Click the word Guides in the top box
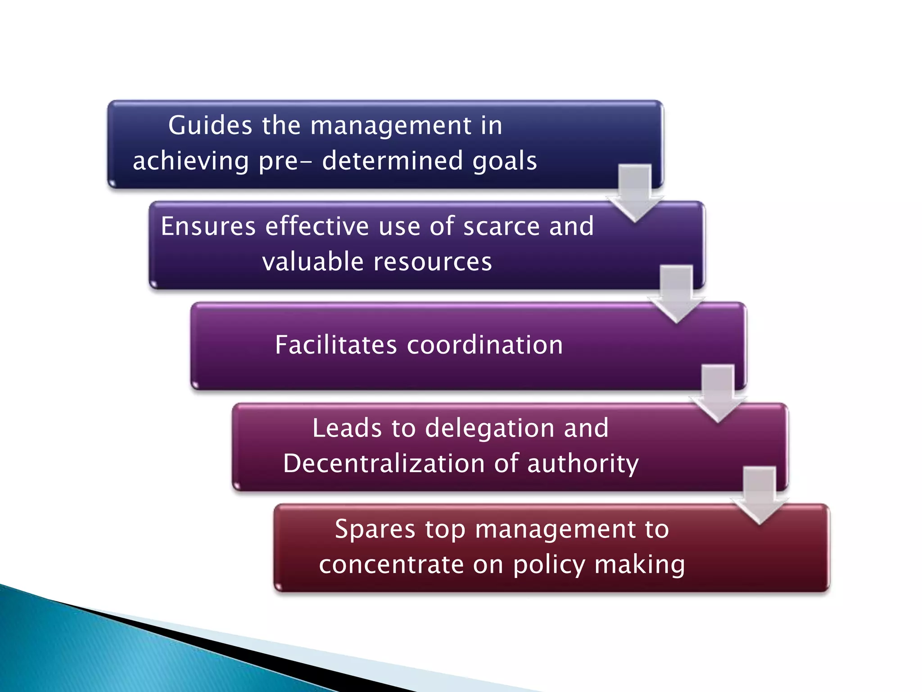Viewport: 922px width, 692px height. coord(209,125)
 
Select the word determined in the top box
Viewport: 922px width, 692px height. coord(392,160)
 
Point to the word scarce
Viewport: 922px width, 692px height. coord(501,226)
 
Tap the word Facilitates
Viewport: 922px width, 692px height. coord(336,345)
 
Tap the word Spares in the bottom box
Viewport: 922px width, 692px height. coord(375,529)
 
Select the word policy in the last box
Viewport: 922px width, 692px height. coord(549,565)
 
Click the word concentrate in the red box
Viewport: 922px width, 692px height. coord(391,565)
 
